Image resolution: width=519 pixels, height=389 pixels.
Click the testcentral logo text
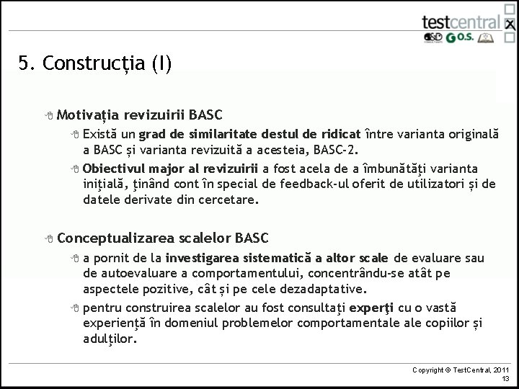point(461,21)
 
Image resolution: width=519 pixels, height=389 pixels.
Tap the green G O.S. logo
point(460,37)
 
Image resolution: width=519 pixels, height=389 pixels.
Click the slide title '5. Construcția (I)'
point(95,64)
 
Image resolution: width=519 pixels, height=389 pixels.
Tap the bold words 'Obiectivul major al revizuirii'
point(170,169)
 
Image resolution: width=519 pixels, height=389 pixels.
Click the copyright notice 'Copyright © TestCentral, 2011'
point(460,370)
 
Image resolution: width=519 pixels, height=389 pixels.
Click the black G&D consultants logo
point(432,37)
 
